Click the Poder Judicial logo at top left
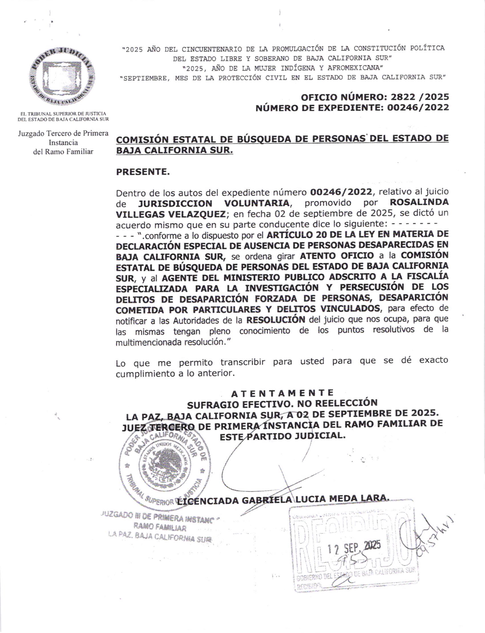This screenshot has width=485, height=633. (62, 78)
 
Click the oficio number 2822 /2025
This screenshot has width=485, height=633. (418, 97)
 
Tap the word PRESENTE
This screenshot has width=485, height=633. (143, 171)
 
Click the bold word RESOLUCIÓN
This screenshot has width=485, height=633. (276, 319)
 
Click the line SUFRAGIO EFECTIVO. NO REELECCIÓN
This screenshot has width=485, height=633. (282, 403)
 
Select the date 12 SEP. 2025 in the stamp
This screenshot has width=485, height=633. (354, 547)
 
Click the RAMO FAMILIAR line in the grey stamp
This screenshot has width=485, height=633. (160, 528)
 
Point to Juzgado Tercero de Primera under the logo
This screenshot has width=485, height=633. (63, 133)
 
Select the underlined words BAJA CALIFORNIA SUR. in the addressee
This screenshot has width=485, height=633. (175, 150)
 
